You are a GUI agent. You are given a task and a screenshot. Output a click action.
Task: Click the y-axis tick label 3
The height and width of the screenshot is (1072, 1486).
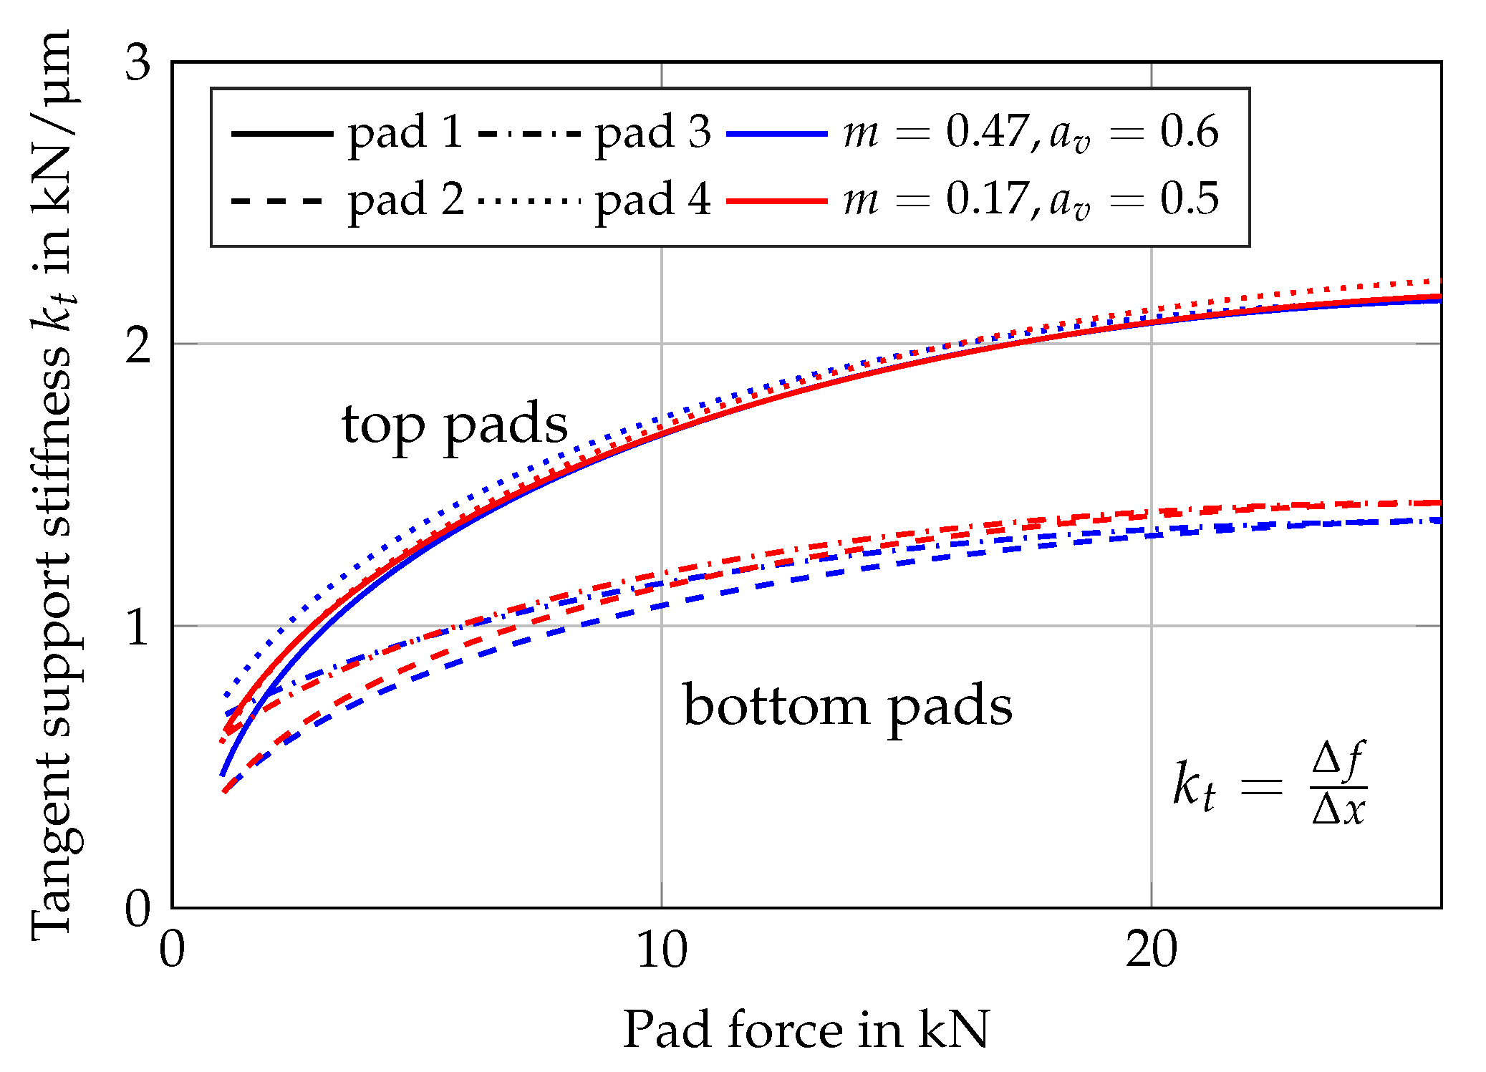point(138,63)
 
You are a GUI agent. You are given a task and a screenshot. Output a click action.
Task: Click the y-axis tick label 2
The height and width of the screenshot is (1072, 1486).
point(138,345)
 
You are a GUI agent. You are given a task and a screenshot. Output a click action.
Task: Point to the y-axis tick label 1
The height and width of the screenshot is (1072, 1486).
point(138,627)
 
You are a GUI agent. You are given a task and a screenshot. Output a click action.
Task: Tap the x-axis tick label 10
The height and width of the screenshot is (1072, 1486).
point(662,951)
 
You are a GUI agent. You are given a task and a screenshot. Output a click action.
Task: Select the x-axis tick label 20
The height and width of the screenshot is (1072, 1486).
point(1152,951)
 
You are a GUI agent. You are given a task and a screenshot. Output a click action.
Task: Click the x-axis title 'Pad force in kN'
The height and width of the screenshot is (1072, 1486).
point(806,1030)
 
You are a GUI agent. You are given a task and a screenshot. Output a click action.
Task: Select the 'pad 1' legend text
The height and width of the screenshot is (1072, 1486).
point(405,133)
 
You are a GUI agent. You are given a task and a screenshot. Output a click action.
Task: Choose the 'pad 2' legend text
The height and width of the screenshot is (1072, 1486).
point(405,201)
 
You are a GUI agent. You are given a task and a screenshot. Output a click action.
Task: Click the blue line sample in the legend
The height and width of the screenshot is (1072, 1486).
point(777,134)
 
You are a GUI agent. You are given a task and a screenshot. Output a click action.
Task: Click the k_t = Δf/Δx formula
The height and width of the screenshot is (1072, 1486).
point(1269,785)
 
